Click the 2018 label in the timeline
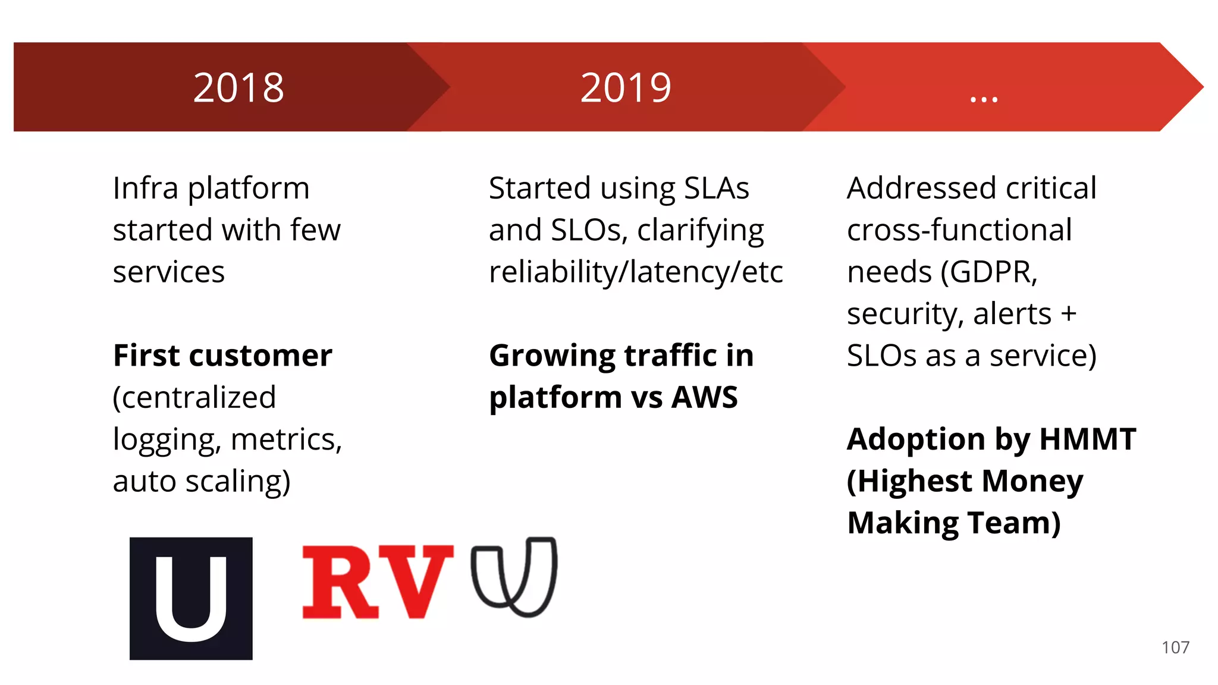click(238, 88)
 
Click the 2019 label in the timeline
click(626, 88)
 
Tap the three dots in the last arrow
click(984, 99)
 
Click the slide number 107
click(1175, 648)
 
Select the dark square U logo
click(191, 598)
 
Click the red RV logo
click(376, 582)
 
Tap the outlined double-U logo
click(514, 577)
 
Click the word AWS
click(704, 397)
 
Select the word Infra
click(145, 188)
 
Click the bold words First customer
click(222, 356)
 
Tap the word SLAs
click(716, 188)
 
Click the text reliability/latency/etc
click(635, 272)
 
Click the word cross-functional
click(959, 230)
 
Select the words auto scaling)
click(202, 482)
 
